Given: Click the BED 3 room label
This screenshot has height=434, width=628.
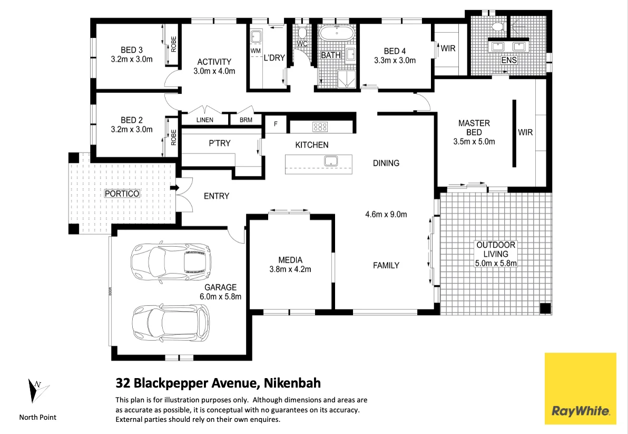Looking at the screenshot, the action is (x=131, y=50).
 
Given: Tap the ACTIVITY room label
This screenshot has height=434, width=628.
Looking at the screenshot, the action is (x=214, y=62).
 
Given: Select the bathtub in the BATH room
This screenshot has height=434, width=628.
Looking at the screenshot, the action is (x=337, y=33).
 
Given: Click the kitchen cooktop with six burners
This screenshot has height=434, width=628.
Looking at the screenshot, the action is (x=320, y=127).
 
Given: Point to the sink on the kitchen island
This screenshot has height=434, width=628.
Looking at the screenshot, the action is (x=331, y=161).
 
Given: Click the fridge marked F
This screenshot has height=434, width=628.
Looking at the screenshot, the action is (x=276, y=124).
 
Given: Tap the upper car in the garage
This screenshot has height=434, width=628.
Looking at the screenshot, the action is (x=171, y=263).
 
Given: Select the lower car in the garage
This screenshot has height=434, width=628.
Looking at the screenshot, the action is (x=171, y=324).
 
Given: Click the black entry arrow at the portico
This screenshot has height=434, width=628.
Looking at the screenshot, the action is (x=174, y=188).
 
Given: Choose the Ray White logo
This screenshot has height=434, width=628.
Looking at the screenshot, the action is (x=581, y=388).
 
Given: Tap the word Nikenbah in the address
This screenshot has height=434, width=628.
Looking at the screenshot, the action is (x=292, y=383).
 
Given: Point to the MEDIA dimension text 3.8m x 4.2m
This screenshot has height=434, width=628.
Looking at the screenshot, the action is (x=290, y=269).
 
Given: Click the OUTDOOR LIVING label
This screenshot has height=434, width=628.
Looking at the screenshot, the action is (x=496, y=249).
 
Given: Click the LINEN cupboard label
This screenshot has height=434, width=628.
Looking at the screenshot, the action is (x=204, y=120).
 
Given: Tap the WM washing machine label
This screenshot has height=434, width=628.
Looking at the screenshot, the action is (x=256, y=51).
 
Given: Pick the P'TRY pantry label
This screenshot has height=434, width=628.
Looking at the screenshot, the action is (x=220, y=143).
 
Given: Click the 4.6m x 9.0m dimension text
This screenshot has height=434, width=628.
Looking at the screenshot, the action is (x=386, y=215).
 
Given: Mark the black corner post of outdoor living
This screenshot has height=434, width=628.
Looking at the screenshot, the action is (x=545, y=308).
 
